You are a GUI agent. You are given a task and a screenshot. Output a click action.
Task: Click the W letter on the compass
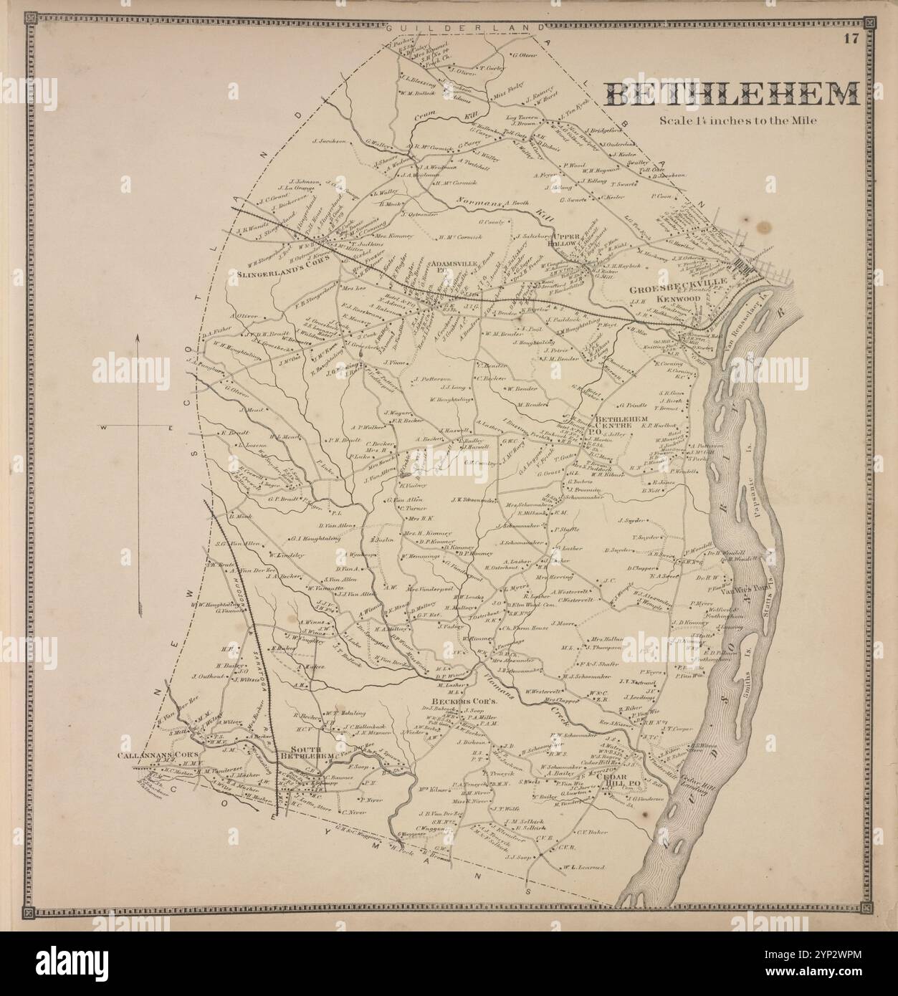pyautogui.click(x=105, y=428)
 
